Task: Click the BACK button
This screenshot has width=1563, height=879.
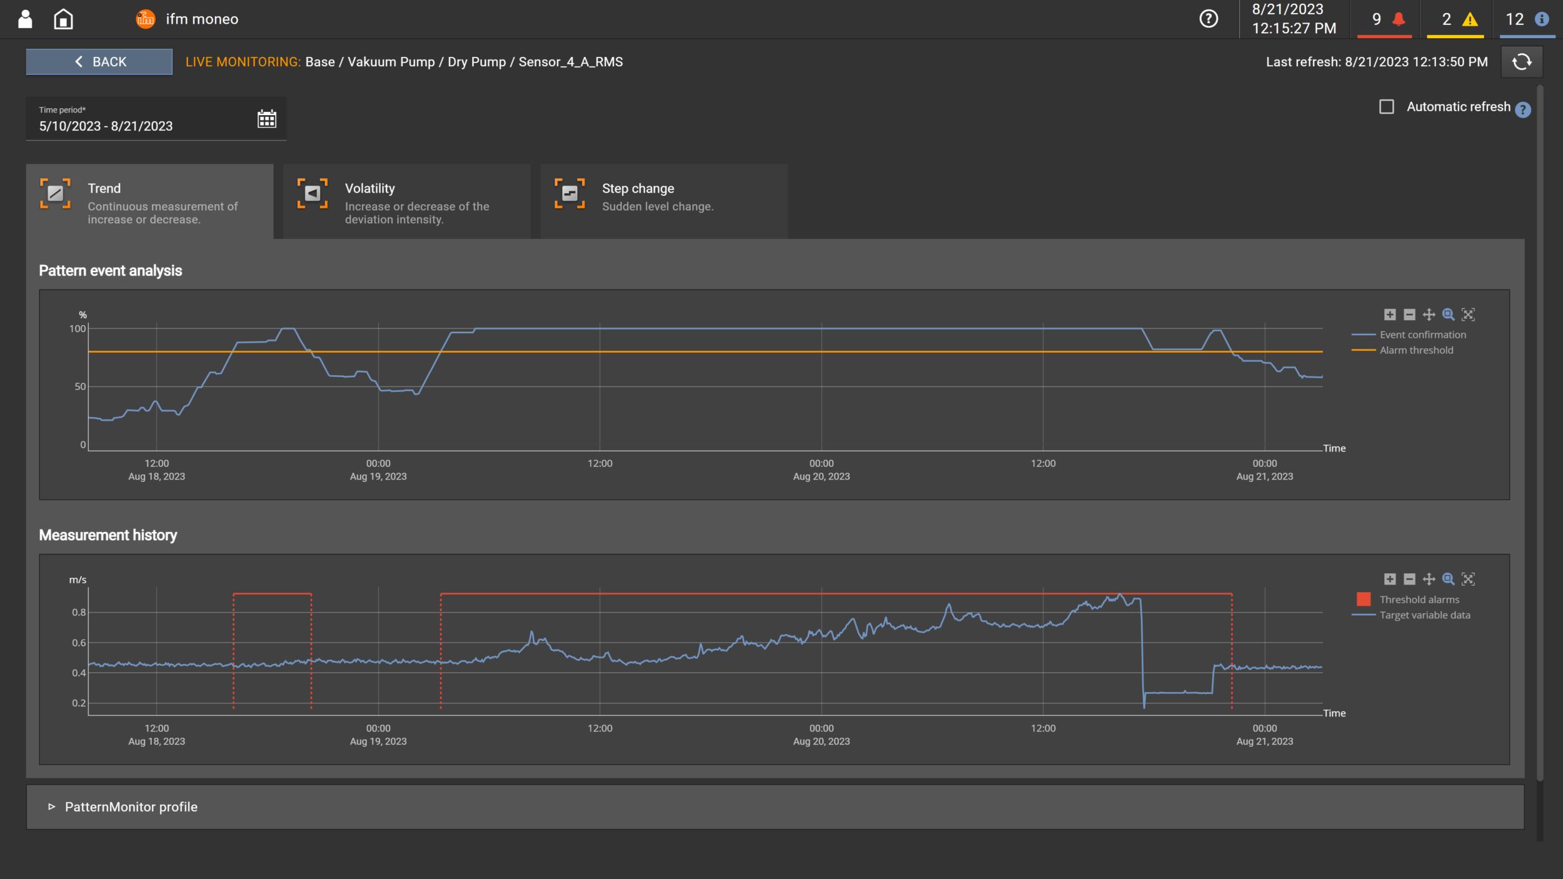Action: point(99,62)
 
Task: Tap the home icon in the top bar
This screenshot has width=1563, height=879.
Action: point(63,19)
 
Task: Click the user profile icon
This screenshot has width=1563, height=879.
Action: point(25,19)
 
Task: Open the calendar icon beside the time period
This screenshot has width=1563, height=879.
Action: point(267,119)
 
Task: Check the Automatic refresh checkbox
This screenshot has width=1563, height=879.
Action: point(1386,107)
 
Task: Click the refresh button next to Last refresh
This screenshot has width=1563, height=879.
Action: point(1521,62)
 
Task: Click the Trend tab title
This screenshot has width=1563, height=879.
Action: point(104,188)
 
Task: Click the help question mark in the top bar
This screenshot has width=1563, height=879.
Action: point(1209,19)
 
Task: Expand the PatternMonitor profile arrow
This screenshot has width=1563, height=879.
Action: point(51,806)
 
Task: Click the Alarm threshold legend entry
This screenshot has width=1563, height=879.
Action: point(1416,350)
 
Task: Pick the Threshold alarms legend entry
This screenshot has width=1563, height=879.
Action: point(1419,600)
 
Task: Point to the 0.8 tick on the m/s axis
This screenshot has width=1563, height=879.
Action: point(79,613)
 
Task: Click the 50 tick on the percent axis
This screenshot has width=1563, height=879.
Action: point(80,387)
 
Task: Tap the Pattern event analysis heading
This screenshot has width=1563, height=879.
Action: point(111,271)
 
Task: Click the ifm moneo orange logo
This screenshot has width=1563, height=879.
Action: point(145,19)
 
